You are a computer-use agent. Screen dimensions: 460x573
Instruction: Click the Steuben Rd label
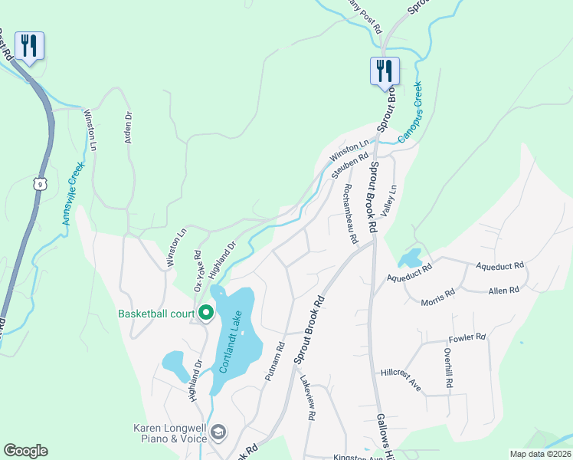(345, 166)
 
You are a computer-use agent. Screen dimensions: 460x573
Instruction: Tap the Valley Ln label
(391, 199)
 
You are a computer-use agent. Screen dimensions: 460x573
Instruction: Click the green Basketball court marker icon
(206, 313)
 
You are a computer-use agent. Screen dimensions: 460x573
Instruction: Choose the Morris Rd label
(437, 301)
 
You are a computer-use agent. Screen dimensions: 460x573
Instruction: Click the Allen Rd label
(504, 290)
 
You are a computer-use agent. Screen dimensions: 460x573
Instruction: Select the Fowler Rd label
(469, 337)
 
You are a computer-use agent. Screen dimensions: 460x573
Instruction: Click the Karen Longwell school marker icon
(218, 433)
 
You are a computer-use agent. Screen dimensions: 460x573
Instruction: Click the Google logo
(25, 451)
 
